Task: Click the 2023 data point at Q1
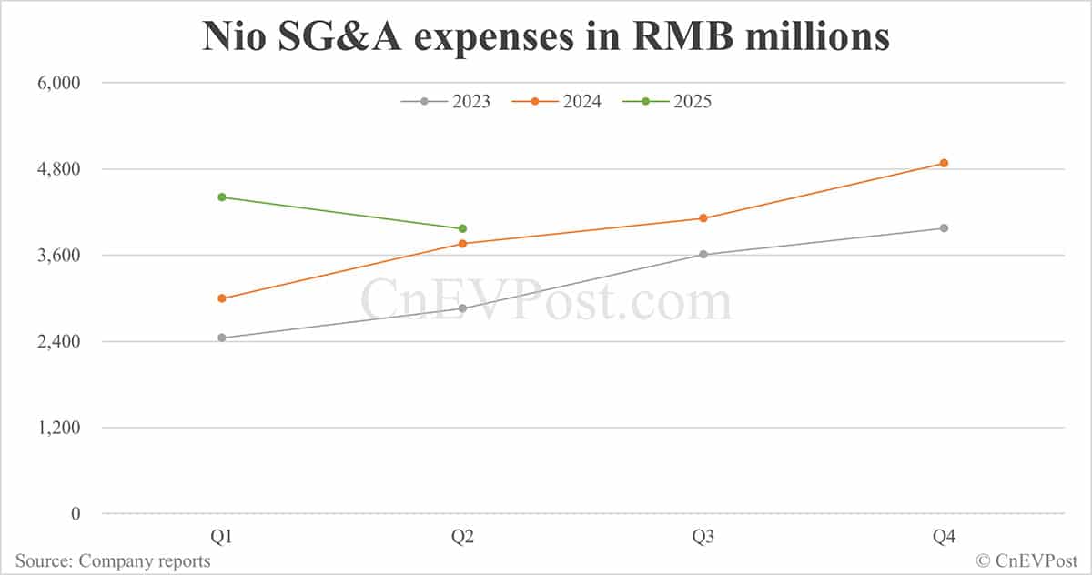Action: pos(222,338)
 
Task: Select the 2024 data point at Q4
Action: pos(944,163)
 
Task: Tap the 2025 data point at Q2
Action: pos(462,228)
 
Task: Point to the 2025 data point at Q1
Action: pos(222,197)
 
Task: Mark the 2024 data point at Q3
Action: pos(703,218)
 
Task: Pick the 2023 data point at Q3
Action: pos(703,254)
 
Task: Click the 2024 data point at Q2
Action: pos(462,244)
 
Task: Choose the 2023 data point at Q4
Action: pos(944,227)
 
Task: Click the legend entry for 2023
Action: pos(446,102)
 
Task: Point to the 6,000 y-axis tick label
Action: pos(57,83)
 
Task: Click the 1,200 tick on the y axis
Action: pos(57,428)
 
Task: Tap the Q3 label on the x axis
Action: pos(703,538)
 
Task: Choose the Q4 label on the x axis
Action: pos(944,538)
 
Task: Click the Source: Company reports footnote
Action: pos(113,560)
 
